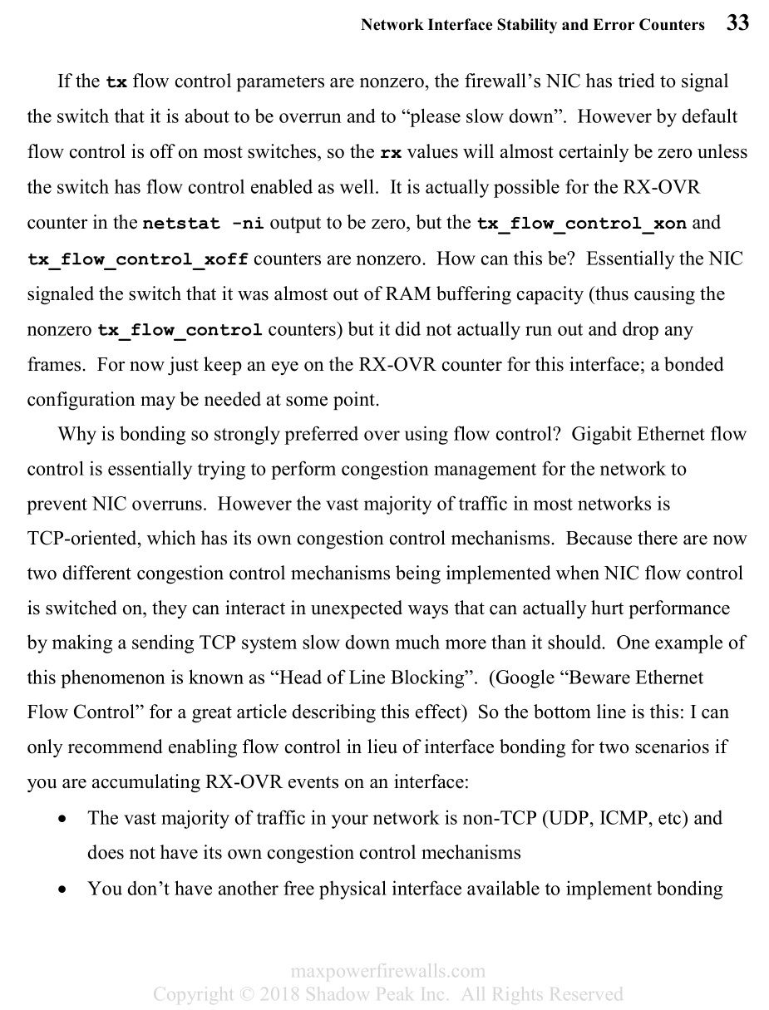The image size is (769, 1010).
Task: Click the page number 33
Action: (737, 23)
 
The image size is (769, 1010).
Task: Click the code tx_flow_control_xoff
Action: (138, 259)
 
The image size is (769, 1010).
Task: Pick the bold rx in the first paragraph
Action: (391, 153)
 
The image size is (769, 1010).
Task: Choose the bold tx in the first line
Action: (116, 82)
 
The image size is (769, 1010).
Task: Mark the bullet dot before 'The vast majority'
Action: (63, 819)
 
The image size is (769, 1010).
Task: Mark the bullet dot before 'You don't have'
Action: (63, 889)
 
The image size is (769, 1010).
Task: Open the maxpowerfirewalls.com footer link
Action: (387, 971)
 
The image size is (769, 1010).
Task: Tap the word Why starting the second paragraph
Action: (75, 434)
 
